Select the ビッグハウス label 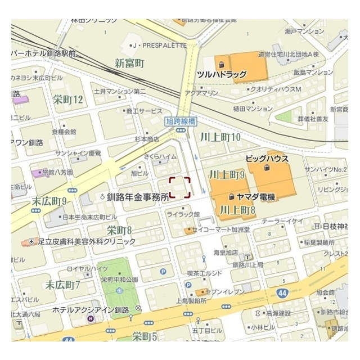(267, 159)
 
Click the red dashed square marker (180, 187)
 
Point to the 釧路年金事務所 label (138, 197)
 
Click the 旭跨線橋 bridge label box (181, 120)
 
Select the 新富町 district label (130, 62)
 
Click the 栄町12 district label (68, 100)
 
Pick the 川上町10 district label (220, 137)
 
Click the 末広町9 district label (49, 201)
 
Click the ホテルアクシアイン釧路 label (92, 310)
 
